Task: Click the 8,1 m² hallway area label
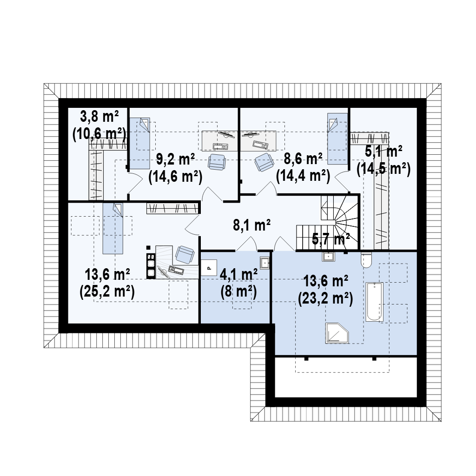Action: click(251, 225)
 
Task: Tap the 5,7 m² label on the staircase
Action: click(331, 239)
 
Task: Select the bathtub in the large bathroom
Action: click(374, 302)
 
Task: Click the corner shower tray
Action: click(337, 333)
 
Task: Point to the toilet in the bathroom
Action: click(366, 260)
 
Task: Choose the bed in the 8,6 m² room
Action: click(337, 139)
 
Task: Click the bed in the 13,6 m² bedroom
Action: click(113, 229)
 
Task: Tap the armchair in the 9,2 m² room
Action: click(217, 162)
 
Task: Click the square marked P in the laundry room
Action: click(209, 268)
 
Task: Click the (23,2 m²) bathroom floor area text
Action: click(325, 300)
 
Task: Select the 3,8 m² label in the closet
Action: click(99, 117)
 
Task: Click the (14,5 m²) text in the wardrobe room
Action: click(383, 169)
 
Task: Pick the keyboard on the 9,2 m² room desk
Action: click(220, 146)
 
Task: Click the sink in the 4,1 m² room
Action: click(264, 262)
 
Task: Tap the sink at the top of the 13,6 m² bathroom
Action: click(328, 257)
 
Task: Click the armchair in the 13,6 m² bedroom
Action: click(185, 254)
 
